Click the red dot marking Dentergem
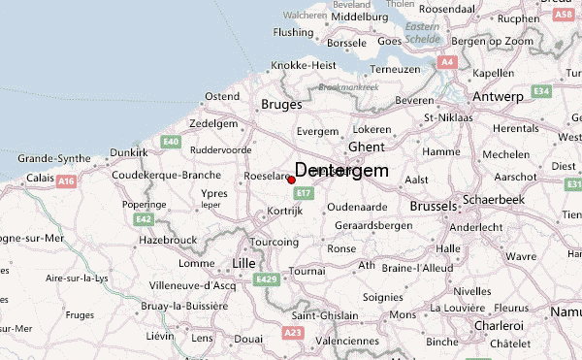tap(291, 180)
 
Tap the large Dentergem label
tap(341, 170)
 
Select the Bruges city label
tap(281, 104)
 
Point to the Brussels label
tap(433, 207)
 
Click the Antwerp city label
tap(498, 97)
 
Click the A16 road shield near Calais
tap(67, 180)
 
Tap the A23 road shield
tap(292, 333)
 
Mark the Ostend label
tap(221, 96)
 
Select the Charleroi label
tap(496, 326)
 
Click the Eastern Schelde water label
tap(423, 32)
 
